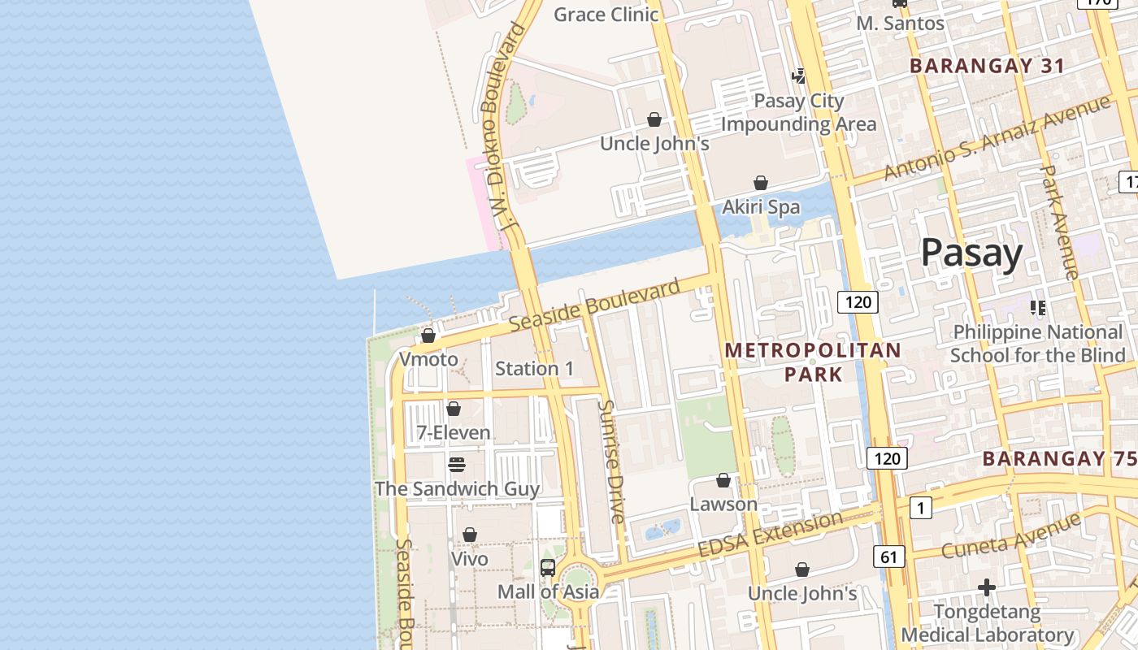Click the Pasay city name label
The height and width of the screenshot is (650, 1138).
click(971, 253)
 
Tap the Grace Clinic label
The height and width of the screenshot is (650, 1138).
click(606, 15)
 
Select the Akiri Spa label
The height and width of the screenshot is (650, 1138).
click(761, 207)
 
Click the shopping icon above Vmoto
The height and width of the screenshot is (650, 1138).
click(428, 335)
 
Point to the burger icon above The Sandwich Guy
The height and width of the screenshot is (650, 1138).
click(457, 464)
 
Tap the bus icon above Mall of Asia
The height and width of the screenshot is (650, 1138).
click(548, 568)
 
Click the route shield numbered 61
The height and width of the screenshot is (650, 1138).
click(889, 557)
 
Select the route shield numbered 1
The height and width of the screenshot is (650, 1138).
click(920, 509)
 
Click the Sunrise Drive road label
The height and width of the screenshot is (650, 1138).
click(611, 461)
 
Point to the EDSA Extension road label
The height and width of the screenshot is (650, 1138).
click(771, 535)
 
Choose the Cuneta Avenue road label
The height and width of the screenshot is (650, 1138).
click(1012, 535)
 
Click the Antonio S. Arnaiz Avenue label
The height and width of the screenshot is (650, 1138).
click(997, 138)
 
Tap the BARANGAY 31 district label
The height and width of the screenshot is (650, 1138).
click(987, 67)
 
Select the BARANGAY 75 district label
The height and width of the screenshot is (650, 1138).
click(1059, 458)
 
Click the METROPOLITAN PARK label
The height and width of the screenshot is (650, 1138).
click(813, 362)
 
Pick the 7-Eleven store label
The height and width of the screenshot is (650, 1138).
click(454, 433)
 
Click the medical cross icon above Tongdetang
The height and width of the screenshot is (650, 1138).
click(987, 587)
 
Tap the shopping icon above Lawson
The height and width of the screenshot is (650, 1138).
click(723, 481)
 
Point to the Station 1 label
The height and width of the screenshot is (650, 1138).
click(535, 369)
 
